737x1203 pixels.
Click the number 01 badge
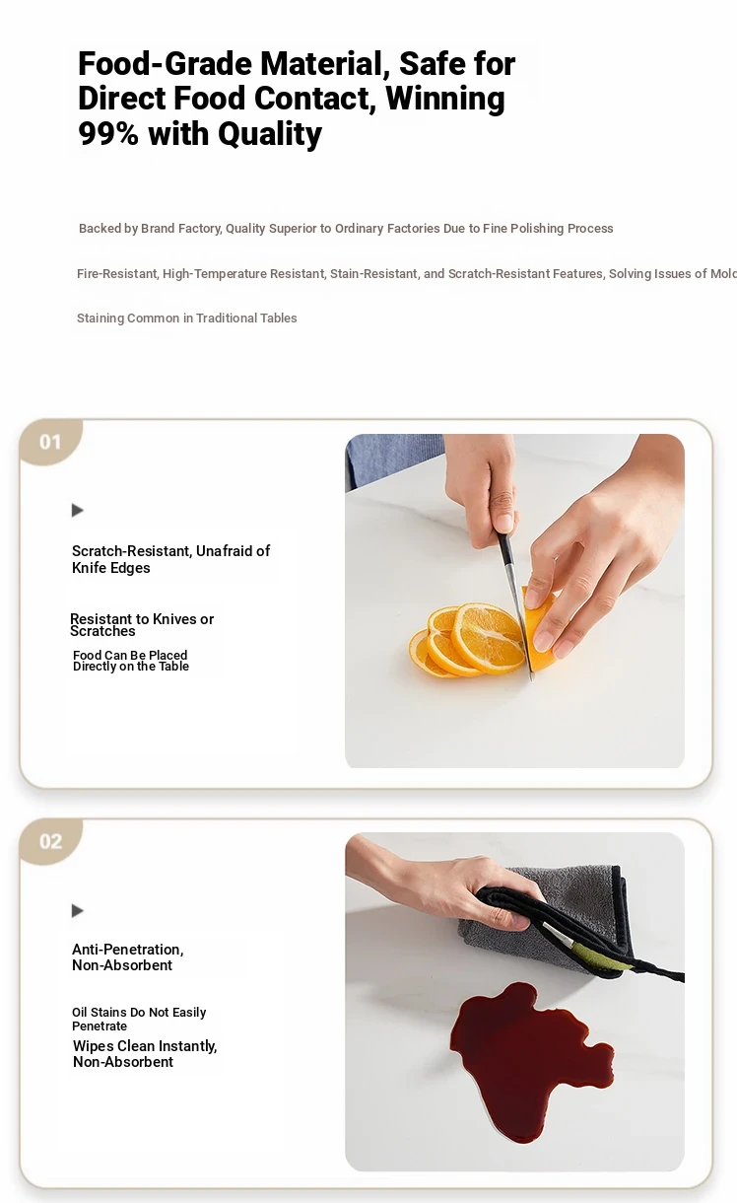[x=50, y=442]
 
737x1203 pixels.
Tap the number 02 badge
[x=50, y=841]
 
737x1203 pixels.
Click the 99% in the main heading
[x=108, y=133]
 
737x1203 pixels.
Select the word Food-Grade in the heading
[x=165, y=63]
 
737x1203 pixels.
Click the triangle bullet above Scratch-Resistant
[x=77, y=510]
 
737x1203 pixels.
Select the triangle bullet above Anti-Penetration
[x=77, y=910]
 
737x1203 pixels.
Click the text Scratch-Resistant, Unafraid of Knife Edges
[x=170, y=559]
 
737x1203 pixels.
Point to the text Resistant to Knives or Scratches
[x=142, y=624]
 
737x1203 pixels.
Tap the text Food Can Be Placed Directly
[x=130, y=661]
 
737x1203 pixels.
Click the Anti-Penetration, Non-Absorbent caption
[x=128, y=957]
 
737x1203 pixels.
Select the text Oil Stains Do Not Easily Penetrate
[x=139, y=1019]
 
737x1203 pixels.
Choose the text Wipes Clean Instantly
[x=145, y=1046]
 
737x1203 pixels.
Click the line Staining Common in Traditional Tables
[x=187, y=318]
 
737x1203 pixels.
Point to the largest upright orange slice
[x=488, y=637]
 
